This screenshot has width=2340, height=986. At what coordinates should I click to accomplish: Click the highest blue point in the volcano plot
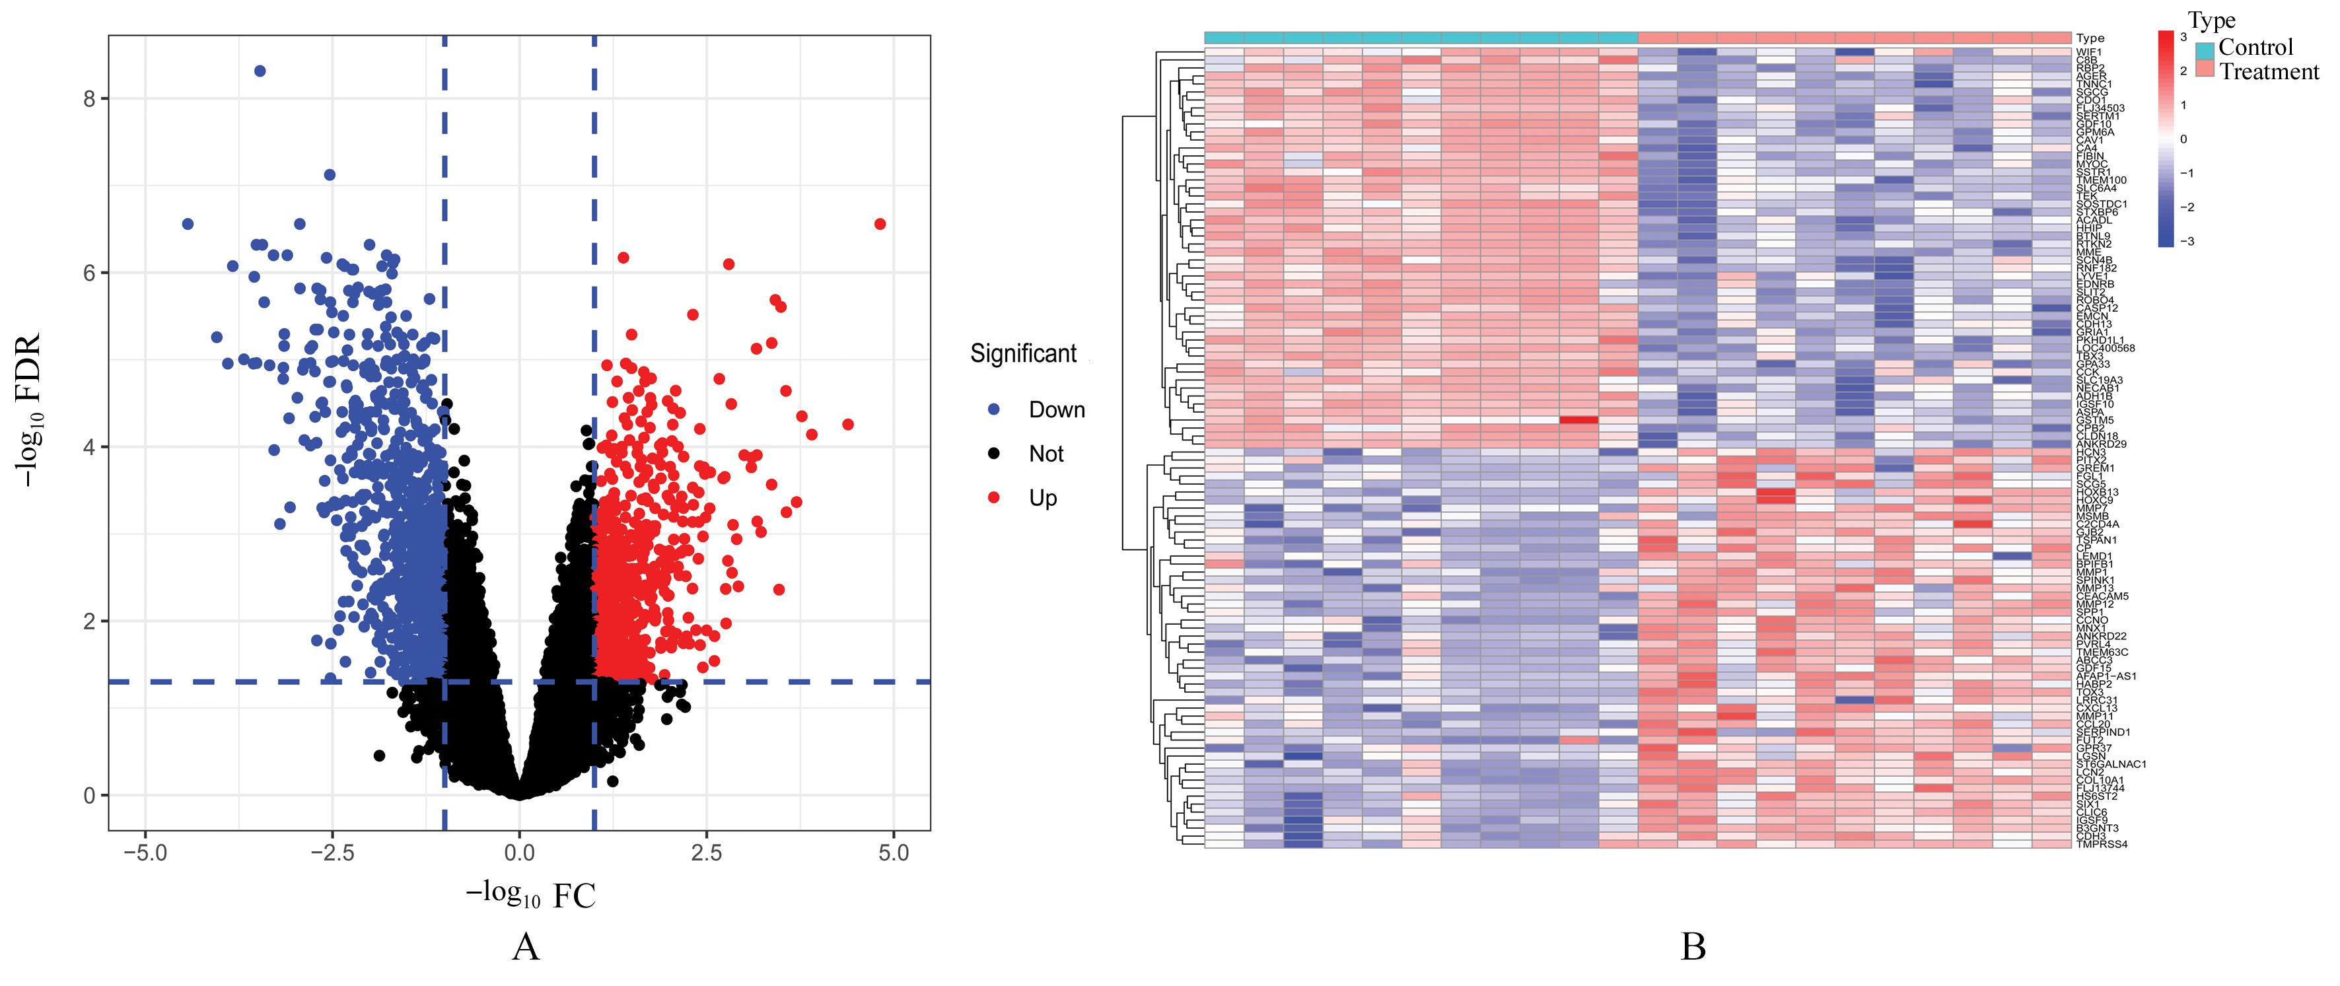point(260,71)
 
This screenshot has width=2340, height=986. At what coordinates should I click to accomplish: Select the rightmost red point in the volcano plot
point(879,223)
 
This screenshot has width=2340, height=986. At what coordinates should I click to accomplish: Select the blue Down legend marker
point(994,409)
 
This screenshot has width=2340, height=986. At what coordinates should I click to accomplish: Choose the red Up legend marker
point(994,497)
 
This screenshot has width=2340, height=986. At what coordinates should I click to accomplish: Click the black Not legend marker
point(994,453)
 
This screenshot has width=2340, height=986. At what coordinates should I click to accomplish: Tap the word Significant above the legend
point(1023,354)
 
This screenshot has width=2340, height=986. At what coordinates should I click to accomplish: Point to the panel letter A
point(525,947)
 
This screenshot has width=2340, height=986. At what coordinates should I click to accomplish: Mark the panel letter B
point(1692,947)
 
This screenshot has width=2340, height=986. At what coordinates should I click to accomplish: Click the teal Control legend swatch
point(2205,49)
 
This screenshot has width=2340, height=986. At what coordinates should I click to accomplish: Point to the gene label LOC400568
point(2106,349)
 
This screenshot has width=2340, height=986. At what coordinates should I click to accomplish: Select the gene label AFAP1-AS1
point(2106,676)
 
